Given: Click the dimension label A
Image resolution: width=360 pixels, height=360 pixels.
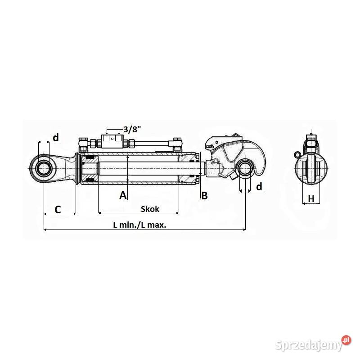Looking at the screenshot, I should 123,195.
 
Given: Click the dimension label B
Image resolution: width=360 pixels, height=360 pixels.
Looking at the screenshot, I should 204,195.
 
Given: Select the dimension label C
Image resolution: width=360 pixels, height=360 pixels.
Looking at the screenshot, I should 58,209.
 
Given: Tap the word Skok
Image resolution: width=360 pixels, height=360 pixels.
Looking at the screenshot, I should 150,209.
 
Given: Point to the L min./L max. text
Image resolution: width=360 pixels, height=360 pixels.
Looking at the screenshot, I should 139,225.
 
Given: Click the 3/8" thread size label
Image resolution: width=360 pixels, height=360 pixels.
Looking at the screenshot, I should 132,130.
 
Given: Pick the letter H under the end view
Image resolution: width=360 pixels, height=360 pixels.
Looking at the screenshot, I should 311,198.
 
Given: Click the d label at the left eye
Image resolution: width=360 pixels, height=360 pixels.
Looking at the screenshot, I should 55,137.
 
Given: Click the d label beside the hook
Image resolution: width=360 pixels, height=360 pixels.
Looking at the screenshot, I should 259,186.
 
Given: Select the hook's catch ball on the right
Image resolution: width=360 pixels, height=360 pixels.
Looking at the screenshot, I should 246,169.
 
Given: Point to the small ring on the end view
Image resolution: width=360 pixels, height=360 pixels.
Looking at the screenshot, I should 297,154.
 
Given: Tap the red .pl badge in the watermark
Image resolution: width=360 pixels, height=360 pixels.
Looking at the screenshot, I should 346,340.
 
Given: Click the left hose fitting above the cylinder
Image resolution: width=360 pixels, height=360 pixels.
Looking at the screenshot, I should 84,145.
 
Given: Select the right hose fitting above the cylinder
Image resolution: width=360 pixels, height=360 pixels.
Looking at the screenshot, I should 177,144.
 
